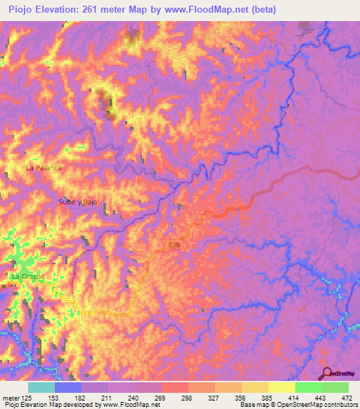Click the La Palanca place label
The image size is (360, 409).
click(x=44, y=169)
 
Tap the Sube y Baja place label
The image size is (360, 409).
click(x=77, y=202)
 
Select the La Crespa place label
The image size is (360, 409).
click(x=28, y=277)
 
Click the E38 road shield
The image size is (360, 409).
click(x=174, y=244)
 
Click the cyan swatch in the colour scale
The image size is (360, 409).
click(x=41, y=387)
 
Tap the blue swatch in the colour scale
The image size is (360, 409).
click(x=68, y=387)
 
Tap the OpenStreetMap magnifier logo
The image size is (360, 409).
click(x=326, y=373)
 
